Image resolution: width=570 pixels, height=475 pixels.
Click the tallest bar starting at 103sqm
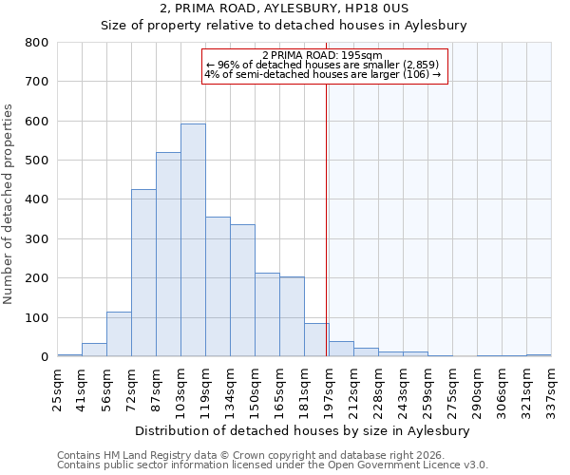pos(193,240)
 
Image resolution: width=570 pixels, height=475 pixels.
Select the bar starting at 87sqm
pos(168,255)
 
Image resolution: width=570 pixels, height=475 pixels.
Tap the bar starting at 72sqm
pos(143,273)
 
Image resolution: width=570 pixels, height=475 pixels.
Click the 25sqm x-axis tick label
pos(58,389)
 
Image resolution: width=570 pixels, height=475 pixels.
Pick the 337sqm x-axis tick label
pos(552,390)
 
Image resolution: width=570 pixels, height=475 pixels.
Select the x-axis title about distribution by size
pos(302,430)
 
